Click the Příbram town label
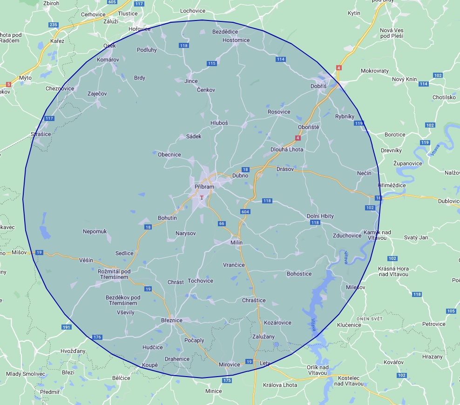(204, 187)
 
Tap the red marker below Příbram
(202, 197)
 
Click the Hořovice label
(140, 29)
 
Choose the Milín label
(237, 243)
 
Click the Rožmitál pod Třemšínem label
(114, 274)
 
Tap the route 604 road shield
(245, 212)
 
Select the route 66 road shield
(222, 223)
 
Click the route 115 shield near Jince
(212, 63)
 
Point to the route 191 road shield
(67, 327)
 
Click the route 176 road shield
(97, 337)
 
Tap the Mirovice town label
(229, 364)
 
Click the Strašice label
(41, 134)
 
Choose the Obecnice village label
(169, 155)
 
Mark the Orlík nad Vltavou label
(318, 371)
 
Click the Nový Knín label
(404, 79)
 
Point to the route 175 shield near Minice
(227, 380)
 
